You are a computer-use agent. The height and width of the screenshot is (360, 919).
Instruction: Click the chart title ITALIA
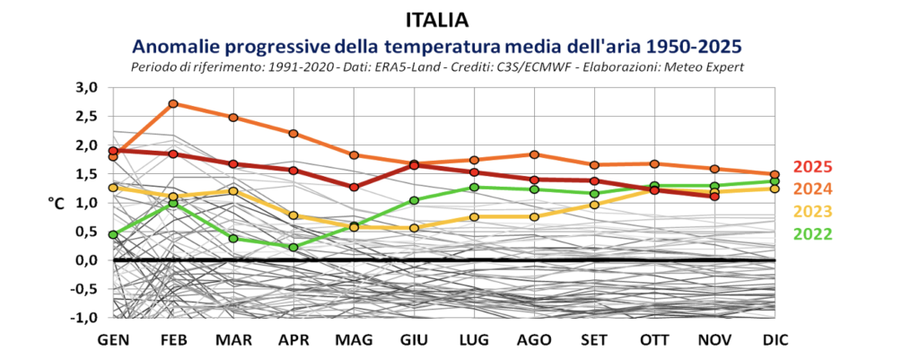point(437,19)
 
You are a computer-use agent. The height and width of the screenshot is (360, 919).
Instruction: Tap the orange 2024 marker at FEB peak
point(173,103)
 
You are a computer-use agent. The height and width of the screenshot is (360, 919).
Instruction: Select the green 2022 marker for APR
point(293,247)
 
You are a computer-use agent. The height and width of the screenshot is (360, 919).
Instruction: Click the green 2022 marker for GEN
point(113,234)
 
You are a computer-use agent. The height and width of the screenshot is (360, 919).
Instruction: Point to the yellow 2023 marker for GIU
point(415,228)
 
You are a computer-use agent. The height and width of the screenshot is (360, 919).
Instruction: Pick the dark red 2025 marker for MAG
point(354,188)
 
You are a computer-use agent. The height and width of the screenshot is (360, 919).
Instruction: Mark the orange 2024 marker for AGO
point(534,154)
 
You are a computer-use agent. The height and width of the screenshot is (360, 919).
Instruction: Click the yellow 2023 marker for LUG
point(474,216)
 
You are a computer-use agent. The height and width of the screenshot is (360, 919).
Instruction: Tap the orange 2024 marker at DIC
point(775,174)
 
